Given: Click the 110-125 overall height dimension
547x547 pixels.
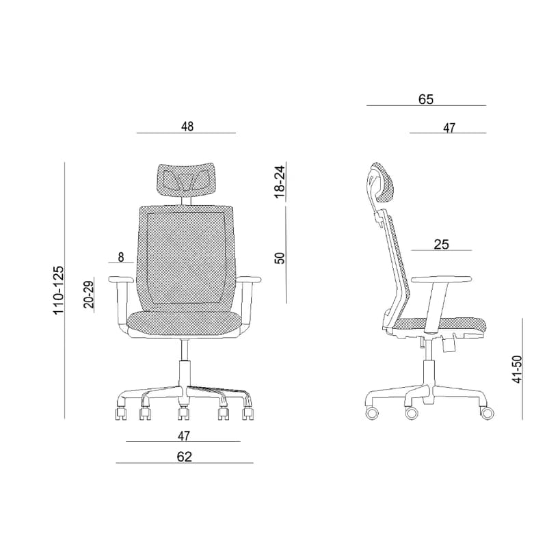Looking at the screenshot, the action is (x=58, y=290).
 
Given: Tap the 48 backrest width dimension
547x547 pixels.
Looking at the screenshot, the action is (x=187, y=126).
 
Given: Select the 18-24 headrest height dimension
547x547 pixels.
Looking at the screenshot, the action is (x=280, y=182).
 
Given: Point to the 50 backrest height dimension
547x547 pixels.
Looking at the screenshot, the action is (x=280, y=258).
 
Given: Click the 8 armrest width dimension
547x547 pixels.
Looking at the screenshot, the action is (x=121, y=258).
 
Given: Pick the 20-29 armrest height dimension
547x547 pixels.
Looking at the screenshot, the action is (x=89, y=294).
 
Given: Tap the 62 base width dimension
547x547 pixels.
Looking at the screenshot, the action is (x=184, y=457).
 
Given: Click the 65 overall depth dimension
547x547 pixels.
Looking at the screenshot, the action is (x=426, y=99).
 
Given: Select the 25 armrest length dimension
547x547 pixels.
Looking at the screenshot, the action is (x=441, y=245).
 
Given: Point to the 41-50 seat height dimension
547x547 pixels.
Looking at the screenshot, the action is (x=518, y=369).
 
